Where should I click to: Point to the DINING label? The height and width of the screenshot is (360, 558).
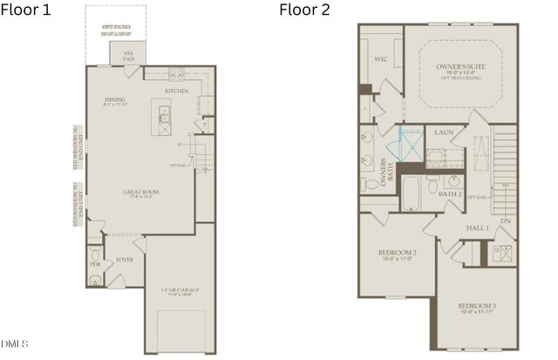pyautogui.click(x=116, y=99)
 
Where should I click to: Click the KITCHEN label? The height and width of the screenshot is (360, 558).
pyautogui.click(x=177, y=91)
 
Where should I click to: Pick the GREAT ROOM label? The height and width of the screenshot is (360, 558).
pyautogui.click(x=139, y=194)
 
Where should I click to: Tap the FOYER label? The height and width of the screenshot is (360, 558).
pyautogui.click(x=125, y=259)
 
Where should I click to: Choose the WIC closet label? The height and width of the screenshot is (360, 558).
pyautogui.click(x=380, y=60)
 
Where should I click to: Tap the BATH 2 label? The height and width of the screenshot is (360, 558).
pyautogui.click(x=450, y=194)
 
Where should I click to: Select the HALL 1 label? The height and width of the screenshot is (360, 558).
pyautogui.click(x=477, y=228)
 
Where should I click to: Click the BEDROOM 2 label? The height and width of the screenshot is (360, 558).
pyautogui.click(x=397, y=254)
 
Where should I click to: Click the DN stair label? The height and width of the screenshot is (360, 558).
pyautogui.click(x=507, y=221)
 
